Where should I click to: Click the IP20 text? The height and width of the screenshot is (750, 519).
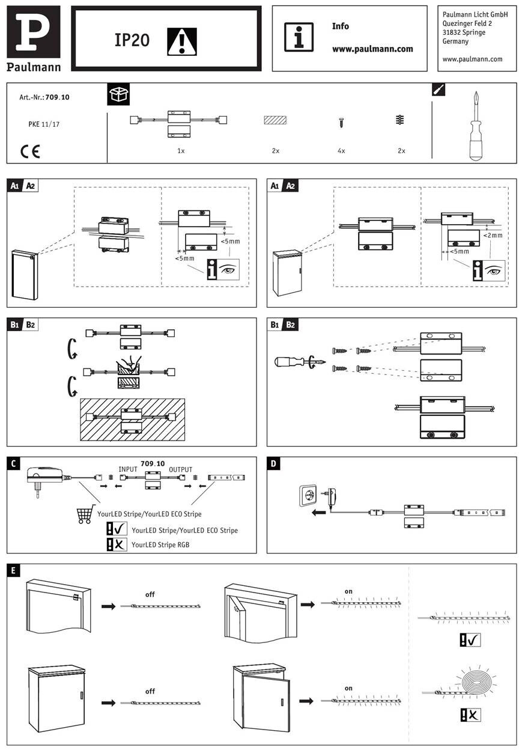pyautogui.click(x=132, y=40)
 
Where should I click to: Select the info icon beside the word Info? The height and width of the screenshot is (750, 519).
pyautogui.click(x=299, y=38)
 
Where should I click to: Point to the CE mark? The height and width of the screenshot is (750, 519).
pyautogui.click(x=30, y=151)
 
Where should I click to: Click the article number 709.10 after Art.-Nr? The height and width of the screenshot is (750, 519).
pyautogui.click(x=58, y=97)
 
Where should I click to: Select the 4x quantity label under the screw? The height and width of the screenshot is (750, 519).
pyautogui.click(x=341, y=151)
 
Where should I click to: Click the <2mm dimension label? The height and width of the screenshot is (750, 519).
pyautogui.click(x=493, y=236)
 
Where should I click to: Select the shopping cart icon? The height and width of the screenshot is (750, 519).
pyautogui.click(x=86, y=514)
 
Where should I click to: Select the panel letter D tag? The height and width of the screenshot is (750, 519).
pyautogui.click(x=274, y=464)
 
